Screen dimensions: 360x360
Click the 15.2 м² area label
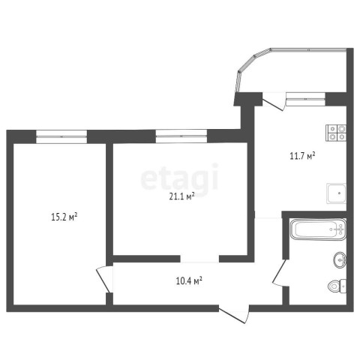(64, 217)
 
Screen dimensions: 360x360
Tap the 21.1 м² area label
(182, 196)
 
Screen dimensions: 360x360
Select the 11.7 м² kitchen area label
(302, 156)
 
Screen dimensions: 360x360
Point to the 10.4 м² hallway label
(189, 281)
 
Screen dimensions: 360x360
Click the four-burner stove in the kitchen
(336, 133)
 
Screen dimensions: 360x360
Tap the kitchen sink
(337, 193)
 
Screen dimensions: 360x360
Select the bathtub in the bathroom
(318, 229)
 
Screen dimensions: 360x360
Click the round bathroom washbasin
(340, 260)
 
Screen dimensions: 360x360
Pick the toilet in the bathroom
(337, 286)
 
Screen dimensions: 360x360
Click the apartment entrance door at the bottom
(235, 314)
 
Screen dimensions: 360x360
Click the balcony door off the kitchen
(274, 102)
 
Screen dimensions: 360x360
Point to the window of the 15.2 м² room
(61, 136)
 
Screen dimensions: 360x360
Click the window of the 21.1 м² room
(181, 136)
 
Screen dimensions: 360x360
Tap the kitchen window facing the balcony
(305, 99)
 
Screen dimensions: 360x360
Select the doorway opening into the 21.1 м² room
(199, 259)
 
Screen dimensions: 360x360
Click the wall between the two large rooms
(109, 204)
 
